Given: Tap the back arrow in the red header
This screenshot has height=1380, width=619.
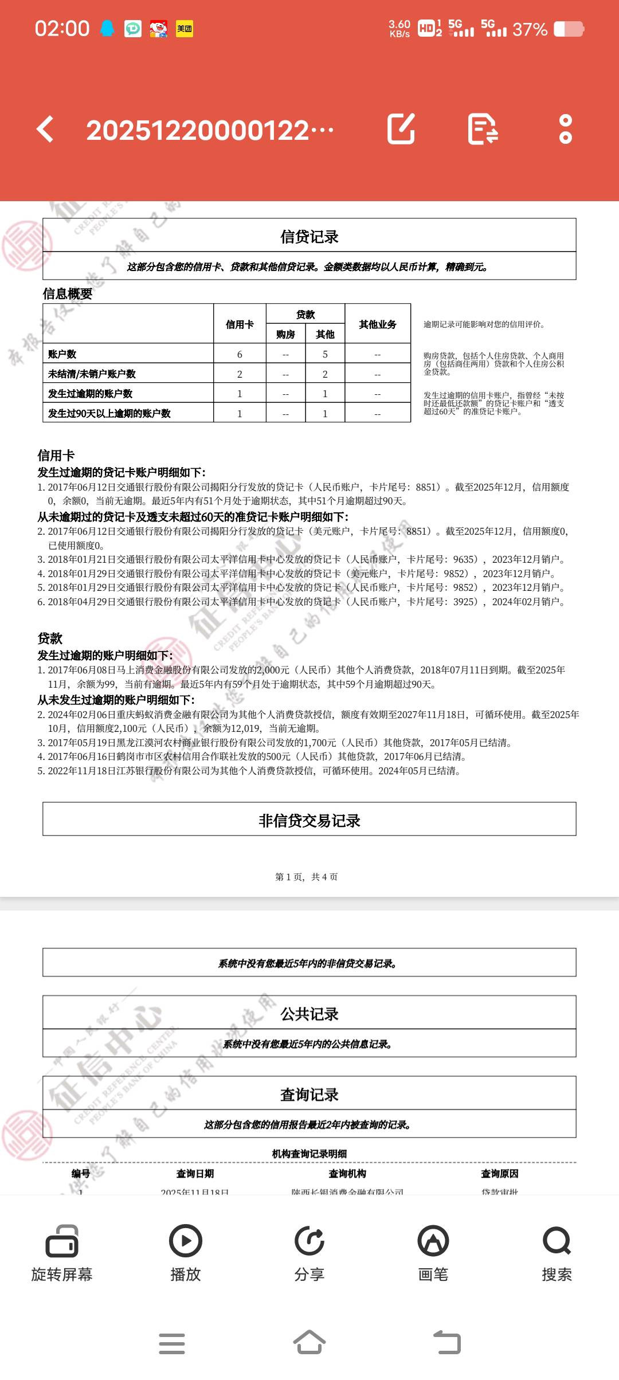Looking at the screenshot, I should click(x=45, y=129).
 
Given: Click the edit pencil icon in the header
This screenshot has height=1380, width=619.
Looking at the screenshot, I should click(x=401, y=129).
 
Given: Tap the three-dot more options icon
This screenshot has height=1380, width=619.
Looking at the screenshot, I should click(x=565, y=129).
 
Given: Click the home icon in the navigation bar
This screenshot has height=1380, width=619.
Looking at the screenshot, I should click(x=309, y=1342).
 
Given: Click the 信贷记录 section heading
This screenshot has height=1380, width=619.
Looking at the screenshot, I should click(x=309, y=237).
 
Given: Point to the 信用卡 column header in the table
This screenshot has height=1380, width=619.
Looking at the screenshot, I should click(x=240, y=324).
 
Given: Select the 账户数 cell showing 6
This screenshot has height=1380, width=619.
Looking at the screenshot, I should click(x=240, y=354).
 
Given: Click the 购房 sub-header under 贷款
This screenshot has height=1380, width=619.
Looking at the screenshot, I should click(x=285, y=334).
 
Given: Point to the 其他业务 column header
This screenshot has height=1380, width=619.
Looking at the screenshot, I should click(x=378, y=324).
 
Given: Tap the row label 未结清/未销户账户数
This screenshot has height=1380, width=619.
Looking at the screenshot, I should click(x=92, y=374).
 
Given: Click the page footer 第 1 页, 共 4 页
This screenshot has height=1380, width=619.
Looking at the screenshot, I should click(x=307, y=877).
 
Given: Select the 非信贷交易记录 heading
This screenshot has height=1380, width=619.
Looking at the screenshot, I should click(x=309, y=821).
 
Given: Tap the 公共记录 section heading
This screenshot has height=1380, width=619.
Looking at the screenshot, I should click(x=309, y=1014).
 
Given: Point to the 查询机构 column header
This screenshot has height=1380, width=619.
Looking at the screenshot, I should click(x=347, y=1174).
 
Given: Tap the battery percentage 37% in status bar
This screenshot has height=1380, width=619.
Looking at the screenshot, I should click(x=530, y=29).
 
